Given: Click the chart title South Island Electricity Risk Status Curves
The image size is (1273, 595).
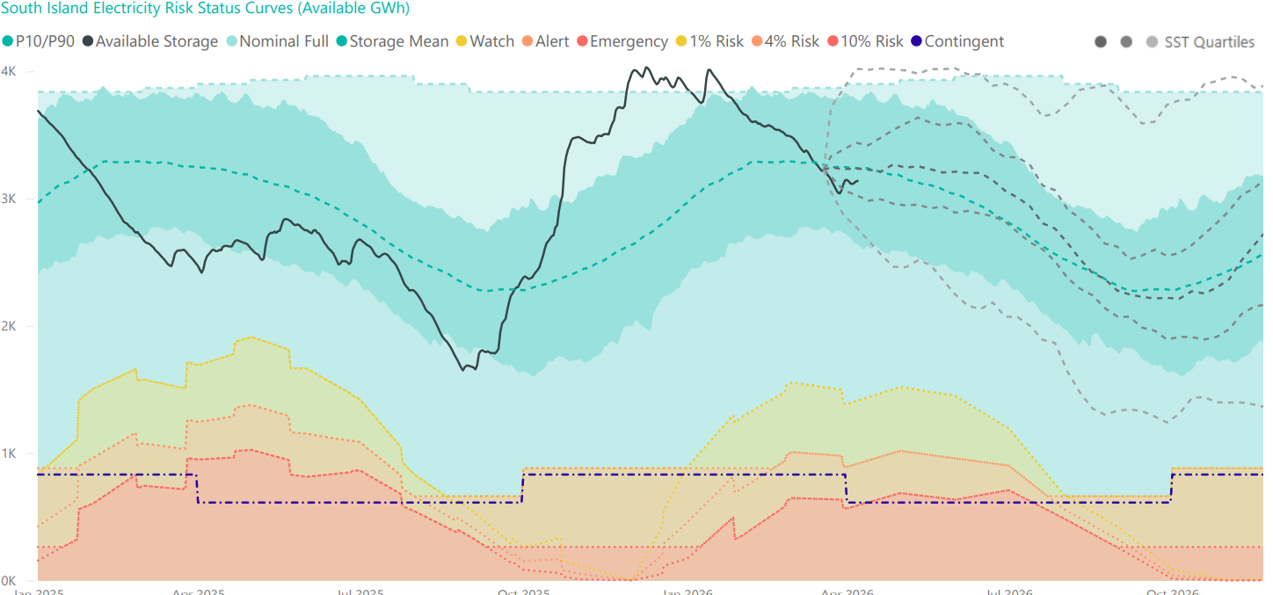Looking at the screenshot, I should pyautogui.click(x=206, y=8).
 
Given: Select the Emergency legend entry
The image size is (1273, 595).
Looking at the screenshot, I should pyautogui.click(x=623, y=41).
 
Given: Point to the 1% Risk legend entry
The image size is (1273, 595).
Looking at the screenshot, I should pyautogui.click(x=710, y=41).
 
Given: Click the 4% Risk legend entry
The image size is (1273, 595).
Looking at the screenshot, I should pyautogui.click(x=786, y=41).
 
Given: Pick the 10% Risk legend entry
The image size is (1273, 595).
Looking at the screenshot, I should pyautogui.click(x=865, y=41).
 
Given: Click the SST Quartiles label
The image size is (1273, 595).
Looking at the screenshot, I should pyautogui.click(x=1209, y=42).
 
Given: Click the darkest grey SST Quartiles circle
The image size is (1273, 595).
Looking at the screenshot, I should pyautogui.click(x=1101, y=42).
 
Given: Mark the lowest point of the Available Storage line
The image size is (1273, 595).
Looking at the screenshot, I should pyautogui.click(x=463, y=370).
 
